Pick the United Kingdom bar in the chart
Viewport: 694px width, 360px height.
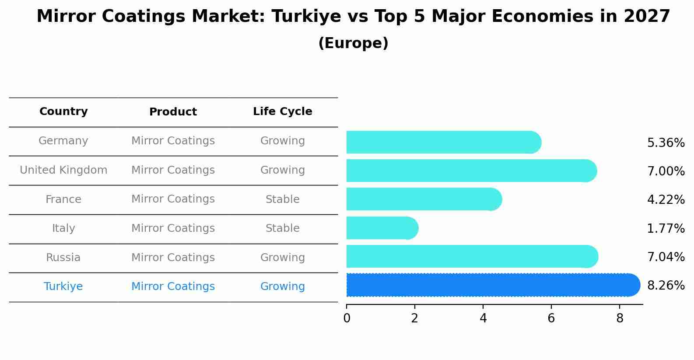(471, 171)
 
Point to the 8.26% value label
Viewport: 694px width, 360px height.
(666, 286)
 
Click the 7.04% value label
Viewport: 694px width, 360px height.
(666, 257)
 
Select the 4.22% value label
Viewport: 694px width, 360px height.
(666, 200)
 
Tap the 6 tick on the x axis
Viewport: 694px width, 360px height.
(551, 318)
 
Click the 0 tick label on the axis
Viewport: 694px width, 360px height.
(347, 318)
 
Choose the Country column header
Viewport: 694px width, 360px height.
(63, 112)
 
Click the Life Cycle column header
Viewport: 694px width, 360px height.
(282, 112)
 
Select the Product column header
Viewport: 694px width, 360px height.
(173, 112)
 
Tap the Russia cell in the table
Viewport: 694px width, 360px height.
(63, 258)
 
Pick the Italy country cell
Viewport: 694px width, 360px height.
(63, 228)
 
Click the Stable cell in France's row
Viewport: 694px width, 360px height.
(282, 199)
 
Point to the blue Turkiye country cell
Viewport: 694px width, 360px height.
(63, 287)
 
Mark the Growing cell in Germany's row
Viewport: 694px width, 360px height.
(282, 141)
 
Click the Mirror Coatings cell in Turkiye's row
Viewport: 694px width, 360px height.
(173, 287)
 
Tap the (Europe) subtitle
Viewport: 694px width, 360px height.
(353, 43)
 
